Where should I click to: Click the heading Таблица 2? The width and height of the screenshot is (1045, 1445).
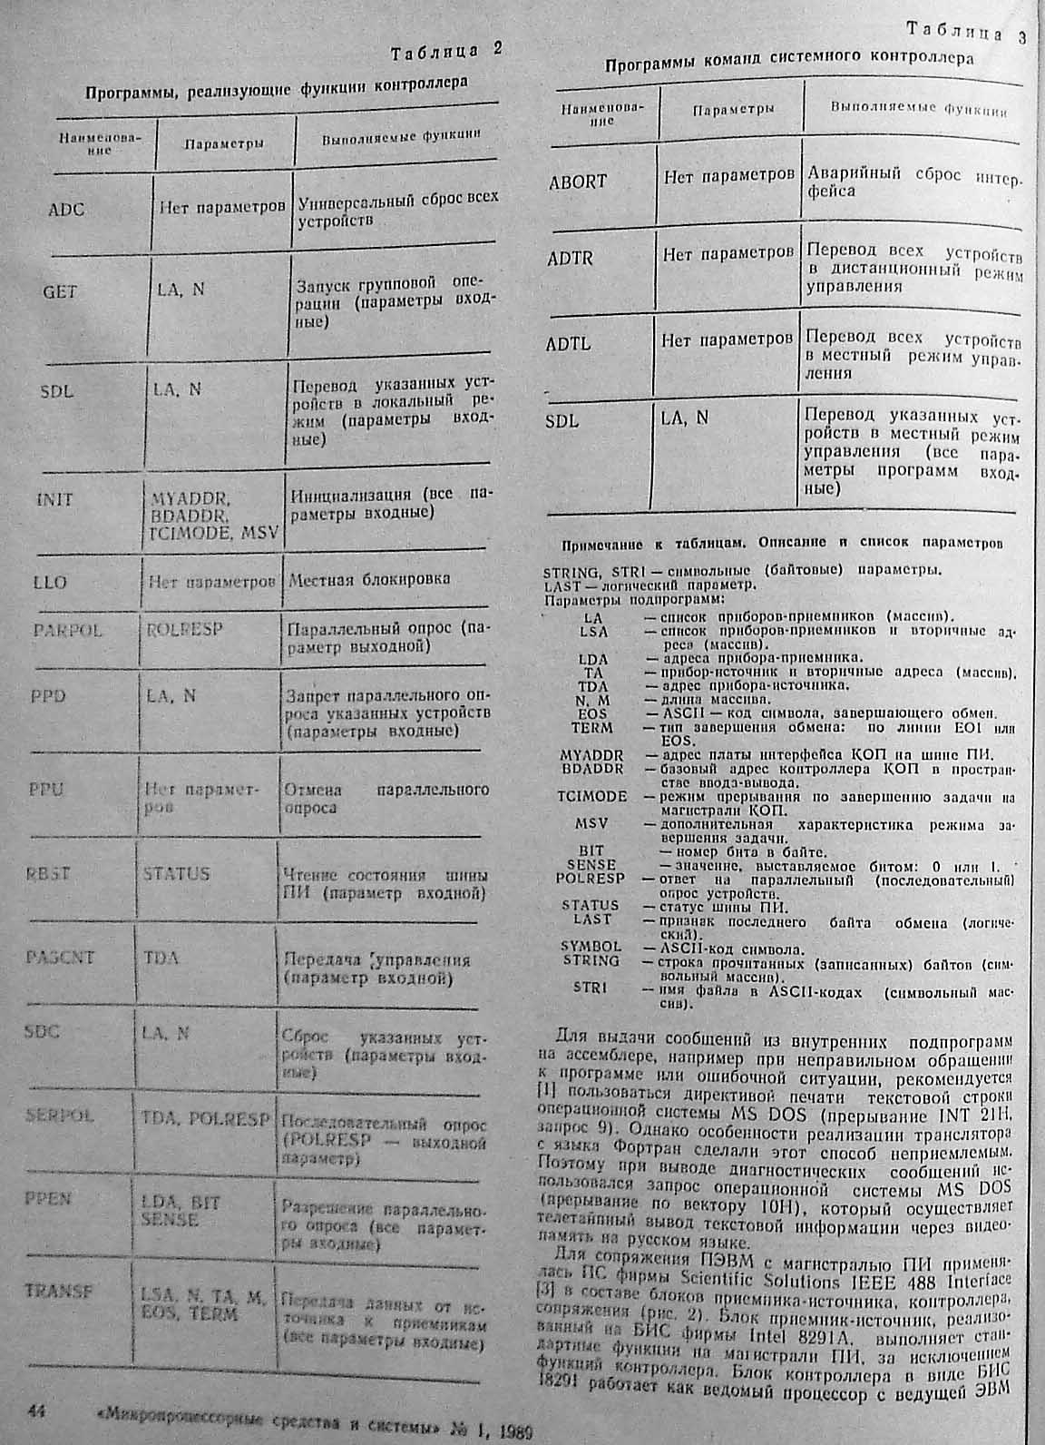click(446, 53)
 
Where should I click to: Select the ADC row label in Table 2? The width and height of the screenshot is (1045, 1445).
click(66, 209)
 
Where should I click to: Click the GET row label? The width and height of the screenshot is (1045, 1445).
click(61, 292)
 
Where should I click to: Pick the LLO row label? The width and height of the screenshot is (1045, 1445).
click(50, 582)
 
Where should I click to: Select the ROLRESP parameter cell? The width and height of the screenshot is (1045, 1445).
click(184, 629)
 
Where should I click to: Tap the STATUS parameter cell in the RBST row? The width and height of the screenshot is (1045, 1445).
click(176, 874)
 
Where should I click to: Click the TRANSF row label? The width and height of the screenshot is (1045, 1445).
click(60, 1291)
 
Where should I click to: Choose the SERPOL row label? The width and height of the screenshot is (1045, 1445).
click(60, 1116)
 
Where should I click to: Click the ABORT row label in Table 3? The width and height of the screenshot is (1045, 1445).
click(578, 181)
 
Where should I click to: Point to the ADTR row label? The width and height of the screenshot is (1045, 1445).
click(571, 259)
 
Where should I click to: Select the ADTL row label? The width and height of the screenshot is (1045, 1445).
click(570, 344)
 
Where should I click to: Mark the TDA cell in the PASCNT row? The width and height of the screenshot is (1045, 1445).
click(161, 957)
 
